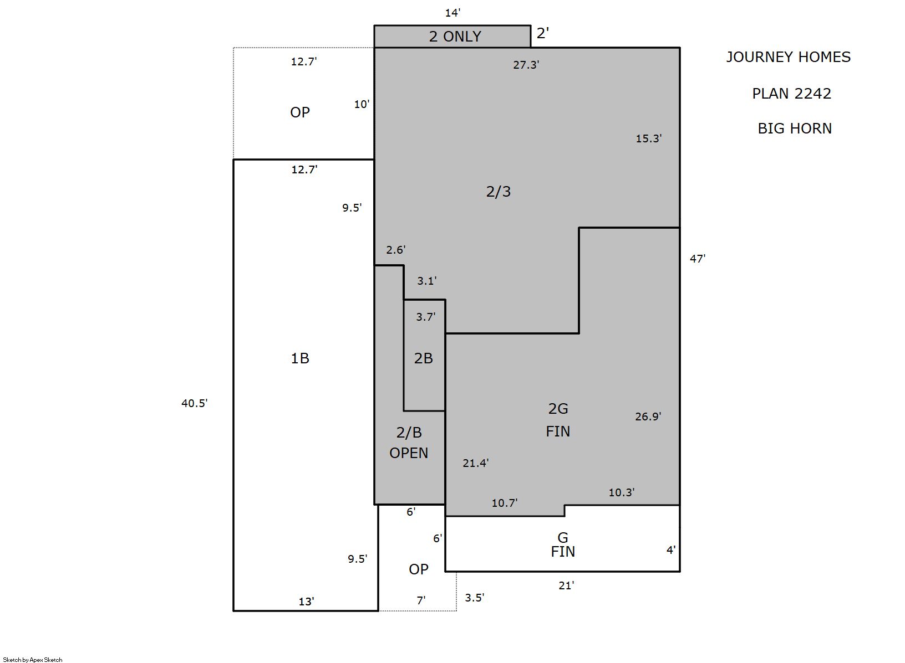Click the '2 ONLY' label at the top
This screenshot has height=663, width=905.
point(455,37)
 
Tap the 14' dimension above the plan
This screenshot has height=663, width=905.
point(452,13)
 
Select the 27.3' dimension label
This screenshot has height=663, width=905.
point(526,65)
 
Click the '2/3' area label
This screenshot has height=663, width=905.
point(498,191)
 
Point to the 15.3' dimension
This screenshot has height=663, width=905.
point(648,138)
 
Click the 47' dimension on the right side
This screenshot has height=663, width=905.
point(698,259)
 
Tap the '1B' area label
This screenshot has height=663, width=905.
point(300,358)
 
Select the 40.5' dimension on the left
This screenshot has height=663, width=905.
point(194,403)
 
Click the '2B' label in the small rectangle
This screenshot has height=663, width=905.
point(424,358)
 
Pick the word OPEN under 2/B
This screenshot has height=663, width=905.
point(409,453)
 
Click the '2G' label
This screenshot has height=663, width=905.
point(558,409)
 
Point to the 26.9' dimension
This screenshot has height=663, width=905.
point(648,417)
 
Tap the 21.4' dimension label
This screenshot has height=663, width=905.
point(476,463)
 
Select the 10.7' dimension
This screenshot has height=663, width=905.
point(505,503)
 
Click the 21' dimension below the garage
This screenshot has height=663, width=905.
point(566,585)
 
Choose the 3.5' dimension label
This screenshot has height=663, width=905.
point(474,598)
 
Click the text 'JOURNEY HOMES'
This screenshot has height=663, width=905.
point(788,57)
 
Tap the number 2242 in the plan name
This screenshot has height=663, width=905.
point(811,94)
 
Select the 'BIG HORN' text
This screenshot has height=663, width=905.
point(794,129)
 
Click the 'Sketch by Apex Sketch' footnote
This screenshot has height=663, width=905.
point(33,660)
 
